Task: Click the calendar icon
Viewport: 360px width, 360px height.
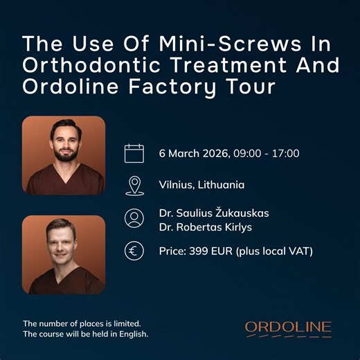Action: pyautogui.click(x=134, y=153)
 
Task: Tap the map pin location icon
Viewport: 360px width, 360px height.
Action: pyautogui.click(x=134, y=185)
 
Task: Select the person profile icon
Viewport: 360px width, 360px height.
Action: pyautogui.click(x=134, y=218)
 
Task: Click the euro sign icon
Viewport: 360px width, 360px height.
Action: pyautogui.click(x=134, y=251)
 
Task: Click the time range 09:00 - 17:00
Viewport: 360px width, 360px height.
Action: pyautogui.click(x=267, y=153)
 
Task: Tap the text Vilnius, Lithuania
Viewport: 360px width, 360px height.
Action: pyautogui.click(x=201, y=185)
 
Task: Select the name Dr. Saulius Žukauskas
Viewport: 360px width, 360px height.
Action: pyautogui.click(x=214, y=213)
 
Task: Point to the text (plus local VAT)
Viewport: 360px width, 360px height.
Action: pyautogui.click(x=276, y=251)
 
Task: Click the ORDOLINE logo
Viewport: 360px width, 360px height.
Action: pyautogui.click(x=288, y=327)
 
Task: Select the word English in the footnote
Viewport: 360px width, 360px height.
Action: pyautogui.click(x=132, y=334)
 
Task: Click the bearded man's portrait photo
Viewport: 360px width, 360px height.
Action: pyautogui.click(x=64, y=155)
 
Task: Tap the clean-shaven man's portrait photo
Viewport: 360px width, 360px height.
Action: pyautogui.click(x=64, y=255)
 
